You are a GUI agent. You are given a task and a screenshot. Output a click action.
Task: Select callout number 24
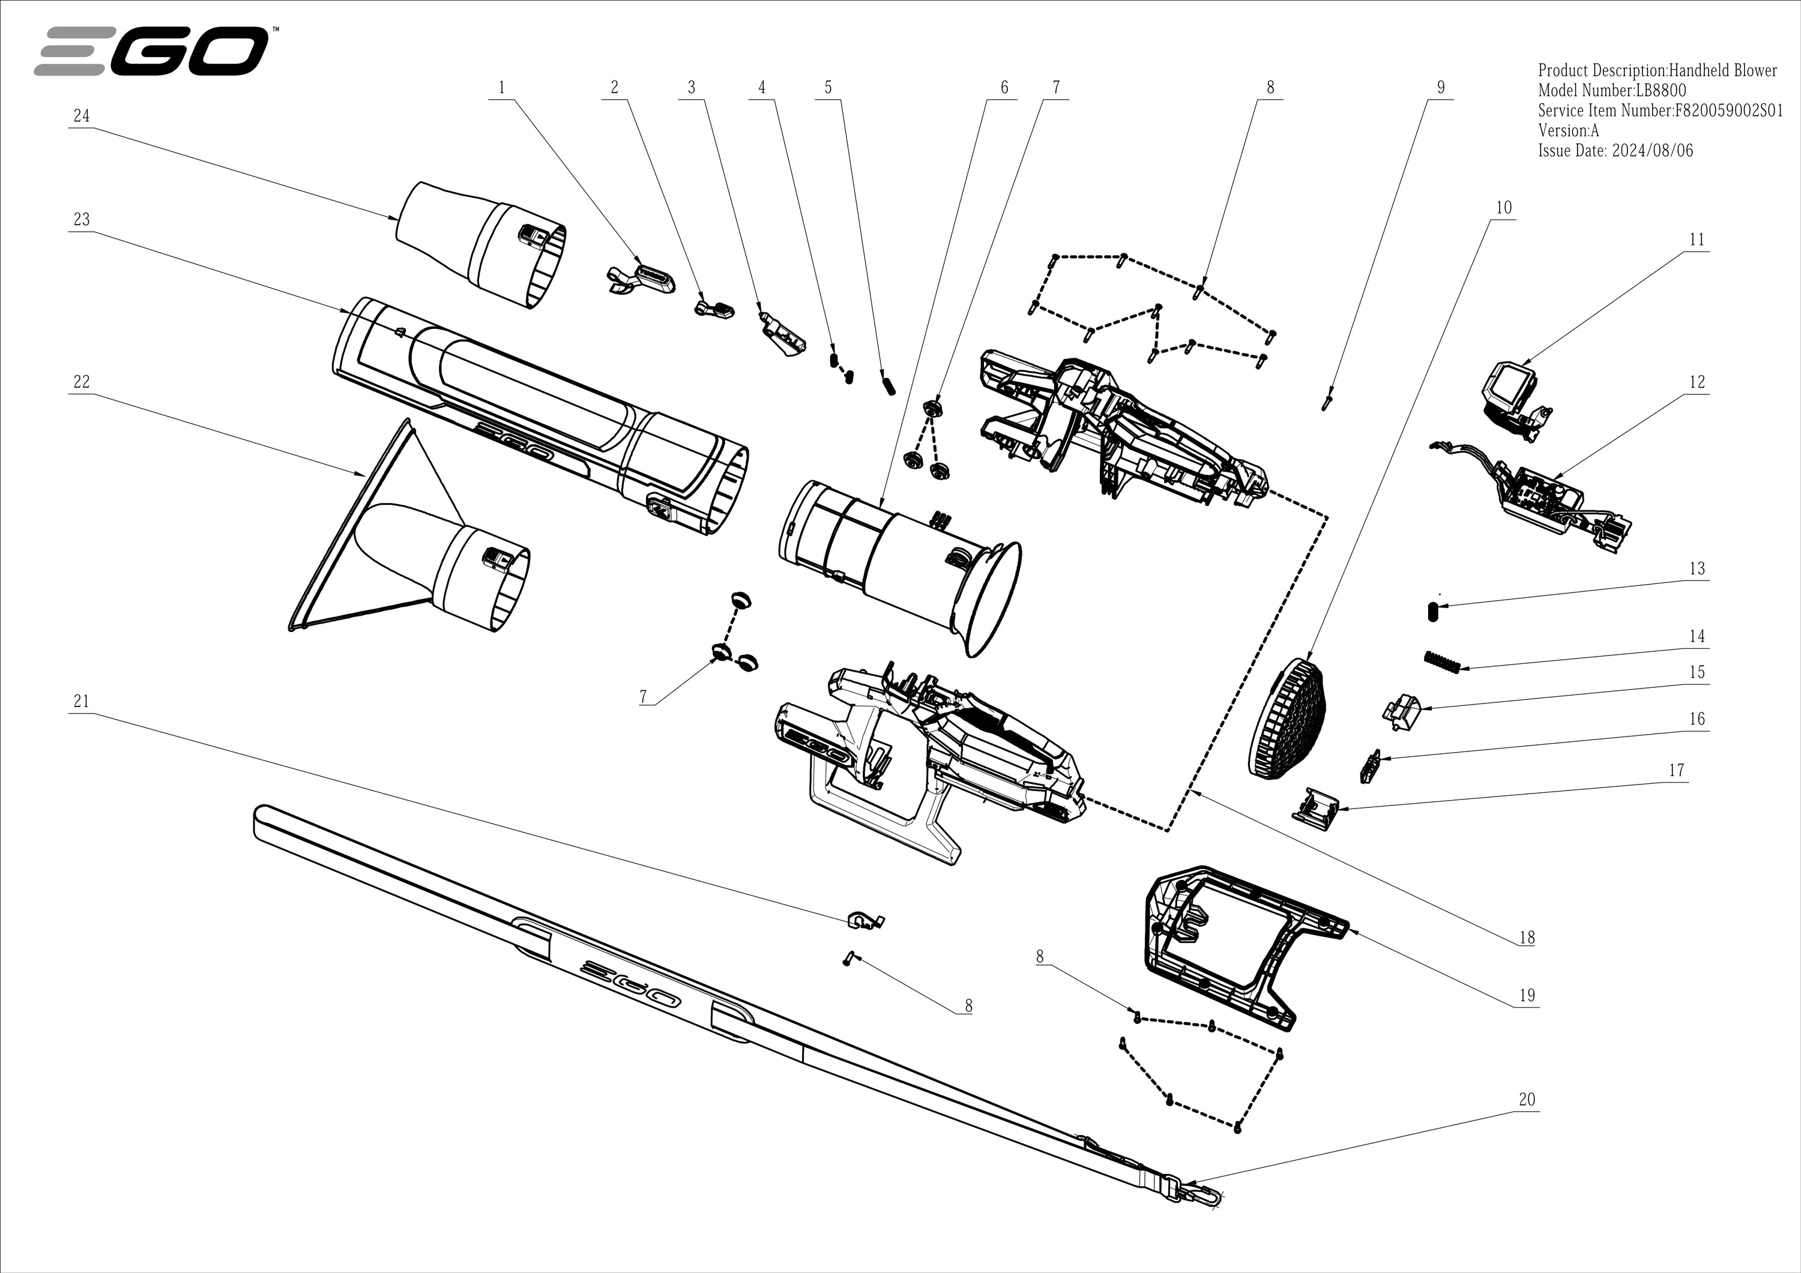(82, 116)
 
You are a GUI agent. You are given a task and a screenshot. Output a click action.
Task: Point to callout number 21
(82, 701)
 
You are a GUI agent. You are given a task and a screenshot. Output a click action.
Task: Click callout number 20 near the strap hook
(1527, 1100)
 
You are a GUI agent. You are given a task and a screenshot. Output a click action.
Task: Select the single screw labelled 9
(1326, 402)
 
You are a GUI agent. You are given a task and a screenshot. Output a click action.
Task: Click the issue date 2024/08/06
(1652, 151)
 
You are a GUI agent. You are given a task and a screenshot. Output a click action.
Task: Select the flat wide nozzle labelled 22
(408, 549)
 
